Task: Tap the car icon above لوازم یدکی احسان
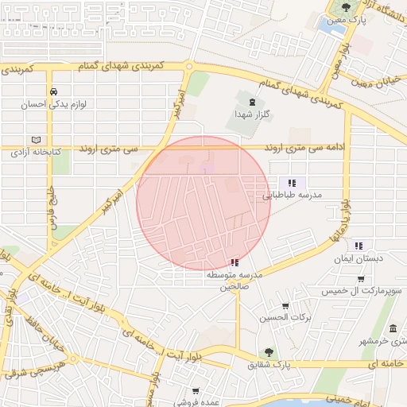point(52,91)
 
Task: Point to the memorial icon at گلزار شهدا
point(253,102)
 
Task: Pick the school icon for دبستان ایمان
point(359,246)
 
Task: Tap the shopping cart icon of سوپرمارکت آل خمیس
point(361,279)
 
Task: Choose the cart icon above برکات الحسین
point(285,306)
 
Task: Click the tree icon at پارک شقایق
point(269,352)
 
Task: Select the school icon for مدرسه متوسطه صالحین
point(234,262)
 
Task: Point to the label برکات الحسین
point(277,319)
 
